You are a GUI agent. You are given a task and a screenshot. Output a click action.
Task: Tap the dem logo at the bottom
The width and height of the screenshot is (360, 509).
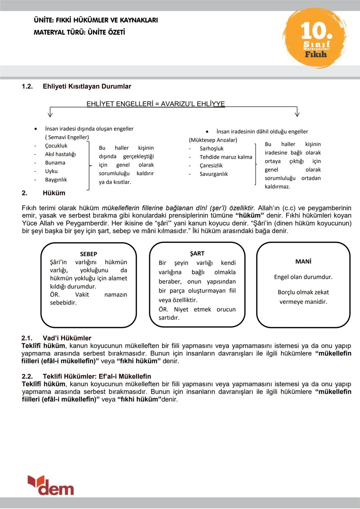pyautogui.click(x=51, y=486)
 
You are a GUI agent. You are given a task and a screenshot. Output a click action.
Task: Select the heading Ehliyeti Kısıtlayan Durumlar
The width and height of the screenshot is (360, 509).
pyautogui.click(x=87, y=86)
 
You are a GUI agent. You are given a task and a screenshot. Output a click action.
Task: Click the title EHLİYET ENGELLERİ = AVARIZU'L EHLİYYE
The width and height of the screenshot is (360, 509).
pyautogui.click(x=155, y=104)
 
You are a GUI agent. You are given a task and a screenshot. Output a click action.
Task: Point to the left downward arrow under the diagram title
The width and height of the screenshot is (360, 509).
pyautogui.click(x=50, y=113)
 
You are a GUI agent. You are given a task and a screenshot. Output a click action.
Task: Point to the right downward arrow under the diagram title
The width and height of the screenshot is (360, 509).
pyautogui.click(x=297, y=113)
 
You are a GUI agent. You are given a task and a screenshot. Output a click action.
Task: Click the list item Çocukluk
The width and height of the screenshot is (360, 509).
pyautogui.click(x=56, y=146)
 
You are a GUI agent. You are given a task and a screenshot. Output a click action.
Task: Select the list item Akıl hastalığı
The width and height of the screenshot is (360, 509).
pyautogui.click(x=60, y=154)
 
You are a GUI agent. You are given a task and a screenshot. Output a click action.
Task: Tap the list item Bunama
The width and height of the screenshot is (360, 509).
pyautogui.click(x=55, y=163)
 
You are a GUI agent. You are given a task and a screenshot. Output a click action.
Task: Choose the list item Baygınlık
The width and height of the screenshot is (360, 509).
pyautogui.click(x=56, y=180)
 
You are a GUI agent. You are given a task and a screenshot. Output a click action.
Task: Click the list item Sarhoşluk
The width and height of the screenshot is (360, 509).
pyautogui.click(x=211, y=149)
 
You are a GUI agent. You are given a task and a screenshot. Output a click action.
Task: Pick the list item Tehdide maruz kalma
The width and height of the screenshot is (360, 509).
pyautogui.click(x=226, y=157)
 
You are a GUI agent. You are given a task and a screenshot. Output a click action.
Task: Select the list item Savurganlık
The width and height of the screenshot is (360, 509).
pyautogui.click(x=214, y=174)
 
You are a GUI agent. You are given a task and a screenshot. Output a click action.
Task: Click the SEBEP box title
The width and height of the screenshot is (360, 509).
pyautogui.click(x=88, y=254)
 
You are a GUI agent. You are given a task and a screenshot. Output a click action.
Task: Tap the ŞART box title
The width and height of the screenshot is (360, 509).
pyautogui.click(x=197, y=254)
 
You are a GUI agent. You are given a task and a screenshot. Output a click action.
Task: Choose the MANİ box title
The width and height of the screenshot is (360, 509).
pyautogui.click(x=303, y=262)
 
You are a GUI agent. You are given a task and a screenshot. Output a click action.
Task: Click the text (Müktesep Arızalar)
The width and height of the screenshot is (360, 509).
pyautogui.click(x=213, y=140)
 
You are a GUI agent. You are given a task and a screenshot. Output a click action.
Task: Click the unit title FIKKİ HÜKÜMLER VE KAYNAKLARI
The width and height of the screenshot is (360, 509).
pyautogui.click(x=96, y=20)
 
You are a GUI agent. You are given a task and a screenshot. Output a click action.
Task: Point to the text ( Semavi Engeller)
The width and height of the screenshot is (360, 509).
pyautogui.click(x=67, y=137)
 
